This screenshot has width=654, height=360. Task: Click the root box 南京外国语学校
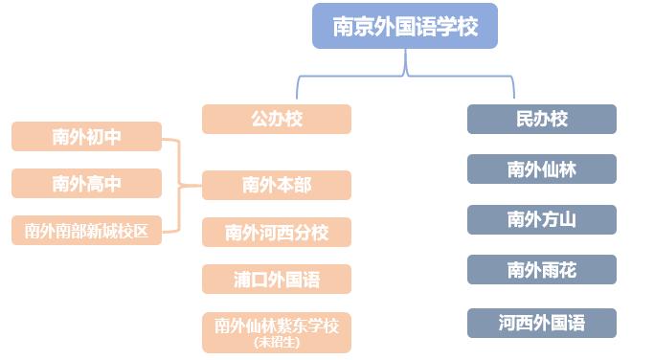point(405,26)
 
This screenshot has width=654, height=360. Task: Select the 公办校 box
point(277,119)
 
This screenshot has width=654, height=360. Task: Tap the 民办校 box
point(542,119)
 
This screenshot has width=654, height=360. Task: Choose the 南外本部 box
point(277,185)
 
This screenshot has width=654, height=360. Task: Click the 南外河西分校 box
point(277,232)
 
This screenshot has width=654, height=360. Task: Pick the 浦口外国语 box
point(277,280)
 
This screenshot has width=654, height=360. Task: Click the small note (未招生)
point(277,342)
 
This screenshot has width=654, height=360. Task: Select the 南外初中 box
point(86,137)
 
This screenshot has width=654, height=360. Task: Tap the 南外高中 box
point(86,183)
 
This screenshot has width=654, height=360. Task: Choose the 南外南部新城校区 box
point(86,230)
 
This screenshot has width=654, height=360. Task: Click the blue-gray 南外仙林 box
point(542,169)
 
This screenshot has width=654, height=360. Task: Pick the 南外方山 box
point(542,219)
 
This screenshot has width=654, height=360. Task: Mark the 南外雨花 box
point(542,270)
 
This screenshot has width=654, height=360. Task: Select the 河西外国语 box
point(542,323)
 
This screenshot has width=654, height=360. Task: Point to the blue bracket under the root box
point(405,73)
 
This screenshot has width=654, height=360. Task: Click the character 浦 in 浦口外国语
point(242,280)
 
